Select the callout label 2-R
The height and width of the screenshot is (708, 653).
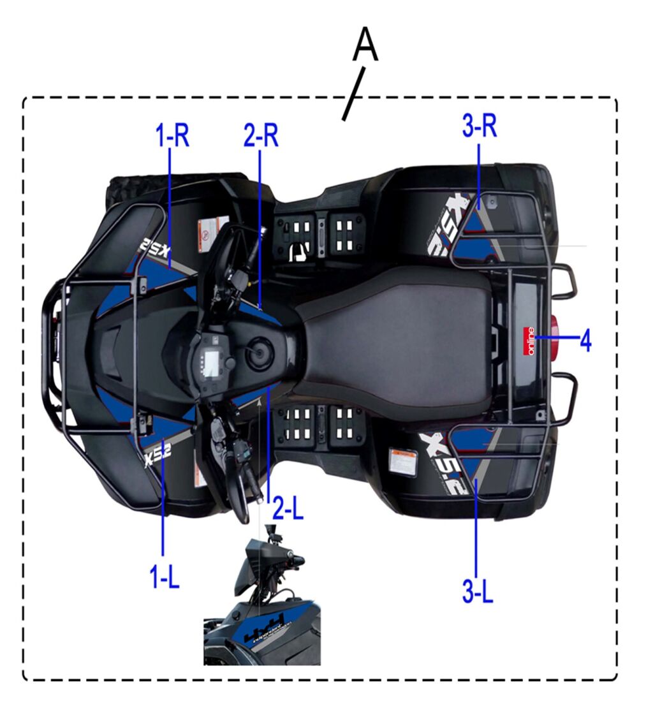261,135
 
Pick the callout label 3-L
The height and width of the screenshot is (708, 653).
478,591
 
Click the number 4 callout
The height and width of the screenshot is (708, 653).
585,341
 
